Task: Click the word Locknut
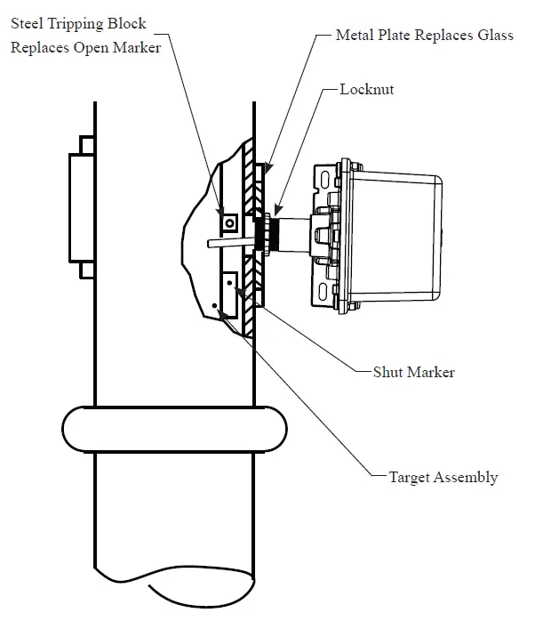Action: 367,90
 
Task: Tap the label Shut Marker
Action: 413,372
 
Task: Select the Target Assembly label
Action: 443,478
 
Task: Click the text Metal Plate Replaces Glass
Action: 425,36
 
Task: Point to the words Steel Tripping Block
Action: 78,22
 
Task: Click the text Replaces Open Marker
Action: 85,47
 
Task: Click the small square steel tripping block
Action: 229,221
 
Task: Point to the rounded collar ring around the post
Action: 175,431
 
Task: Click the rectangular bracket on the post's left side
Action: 81,207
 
